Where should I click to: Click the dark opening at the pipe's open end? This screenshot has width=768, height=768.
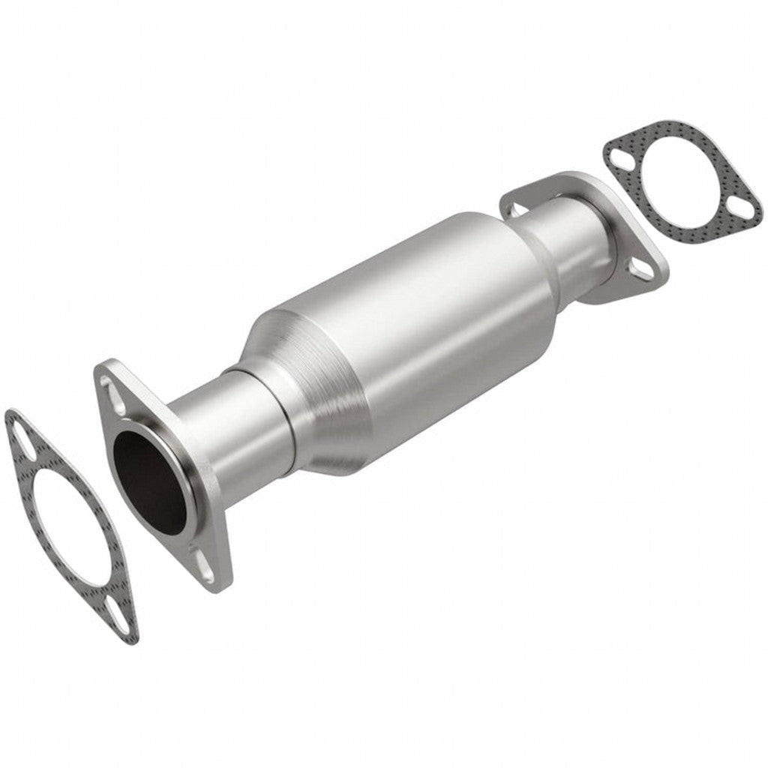[x=148, y=480]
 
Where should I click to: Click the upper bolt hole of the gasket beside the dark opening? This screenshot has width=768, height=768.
[x=23, y=442]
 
